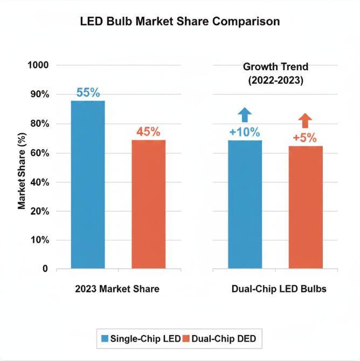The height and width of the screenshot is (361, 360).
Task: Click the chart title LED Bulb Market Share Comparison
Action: [x=180, y=22]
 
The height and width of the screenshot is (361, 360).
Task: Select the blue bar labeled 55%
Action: [x=88, y=184]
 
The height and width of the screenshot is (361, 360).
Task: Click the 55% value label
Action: [x=88, y=93]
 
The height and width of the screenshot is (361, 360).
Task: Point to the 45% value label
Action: [x=148, y=132]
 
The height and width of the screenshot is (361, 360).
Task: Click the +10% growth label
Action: [x=245, y=132]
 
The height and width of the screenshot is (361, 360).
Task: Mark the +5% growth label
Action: [x=305, y=138]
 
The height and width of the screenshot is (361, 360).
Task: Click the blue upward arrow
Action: [x=245, y=115]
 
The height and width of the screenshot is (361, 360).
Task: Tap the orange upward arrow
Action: [x=305, y=121]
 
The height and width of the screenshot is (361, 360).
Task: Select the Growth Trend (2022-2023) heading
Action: [x=275, y=74]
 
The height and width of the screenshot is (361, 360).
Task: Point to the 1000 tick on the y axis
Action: [x=38, y=65]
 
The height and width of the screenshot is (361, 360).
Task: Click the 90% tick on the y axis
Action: [x=39, y=94]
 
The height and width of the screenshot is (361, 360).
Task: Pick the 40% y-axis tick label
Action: [x=39, y=182]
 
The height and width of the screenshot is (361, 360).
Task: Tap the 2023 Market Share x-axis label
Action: [x=117, y=289]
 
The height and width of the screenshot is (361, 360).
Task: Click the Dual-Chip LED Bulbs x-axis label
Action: [x=279, y=289]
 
